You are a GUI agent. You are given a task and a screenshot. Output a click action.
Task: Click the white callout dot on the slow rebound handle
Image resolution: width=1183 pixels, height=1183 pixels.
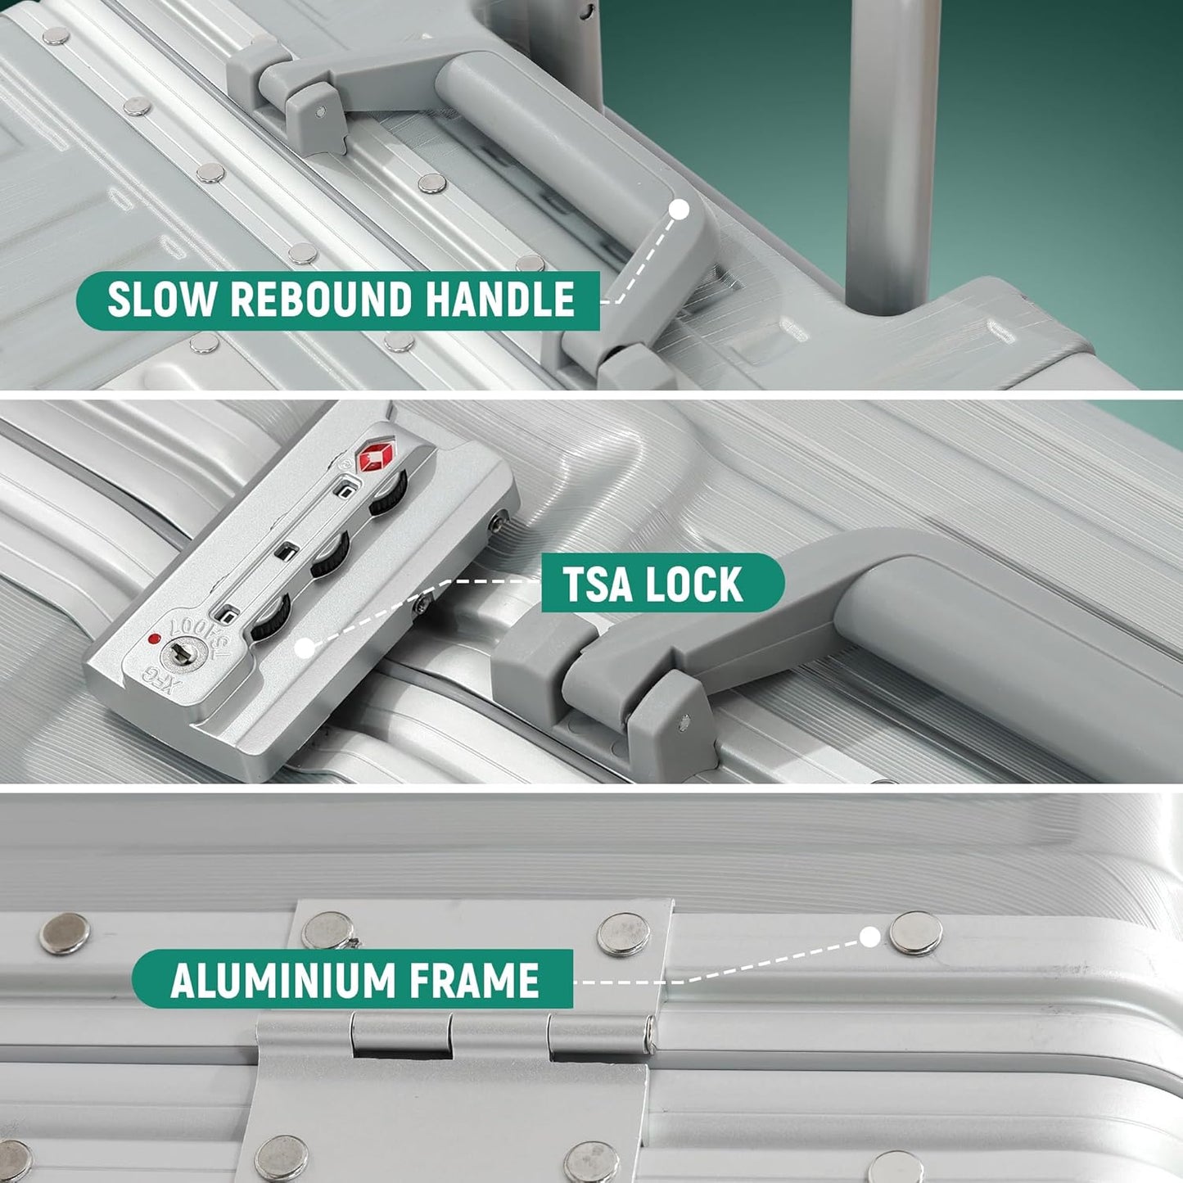(x=679, y=210)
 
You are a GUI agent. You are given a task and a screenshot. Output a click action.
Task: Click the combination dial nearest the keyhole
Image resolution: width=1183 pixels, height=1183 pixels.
(x=270, y=617)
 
